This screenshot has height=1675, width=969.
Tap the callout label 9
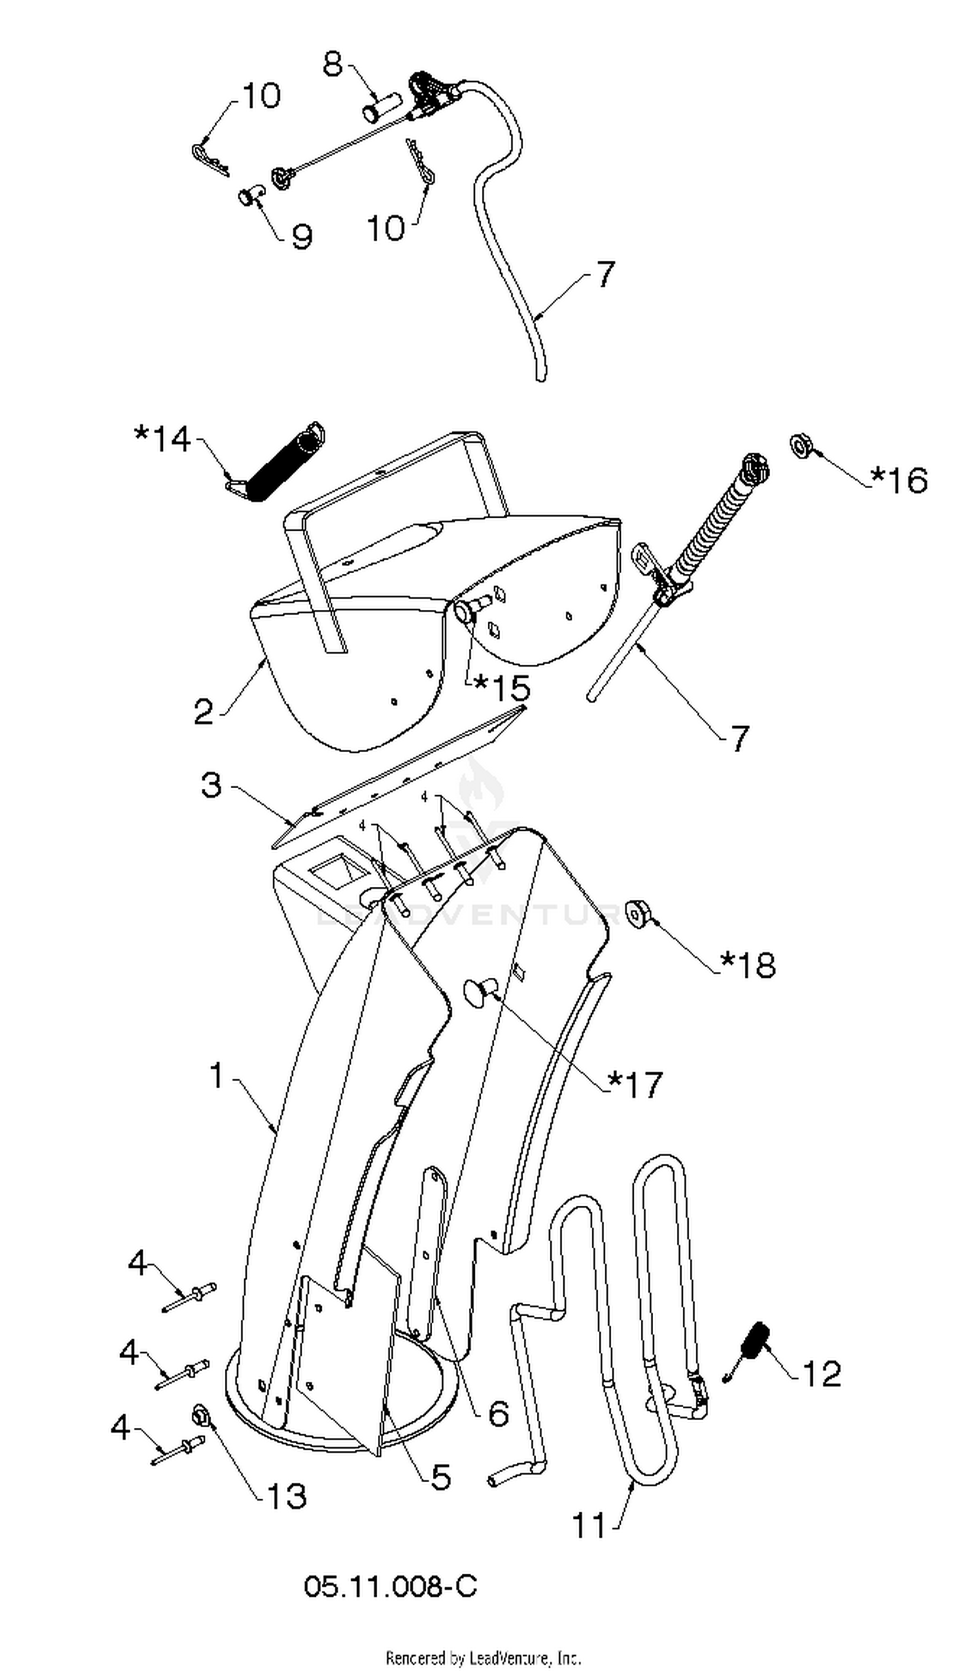302,236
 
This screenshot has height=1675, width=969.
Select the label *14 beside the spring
163,439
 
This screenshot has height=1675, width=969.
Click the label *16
899,479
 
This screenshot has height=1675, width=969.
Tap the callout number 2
203,712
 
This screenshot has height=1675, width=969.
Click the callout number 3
211,785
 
